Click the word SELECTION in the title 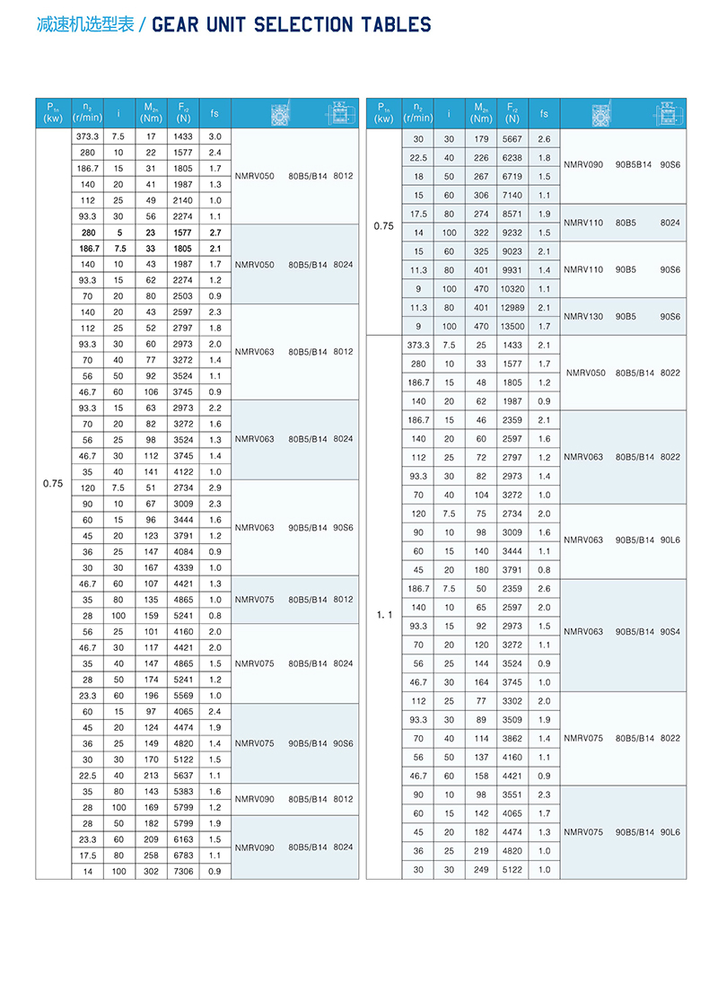click(x=304, y=25)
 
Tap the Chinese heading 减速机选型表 click(x=85, y=25)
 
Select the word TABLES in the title click(x=395, y=25)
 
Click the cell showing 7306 click(x=183, y=871)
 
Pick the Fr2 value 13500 click(x=512, y=326)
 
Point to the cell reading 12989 click(x=512, y=307)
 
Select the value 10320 click(x=512, y=288)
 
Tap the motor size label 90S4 click(x=670, y=630)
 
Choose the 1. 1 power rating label click(x=384, y=615)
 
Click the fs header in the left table click(x=215, y=113)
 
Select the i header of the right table click(x=449, y=113)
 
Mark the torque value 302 click(x=151, y=871)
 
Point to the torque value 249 click(x=481, y=869)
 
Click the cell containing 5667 click(x=512, y=139)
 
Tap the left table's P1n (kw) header click(x=53, y=113)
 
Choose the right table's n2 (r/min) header click(x=417, y=113)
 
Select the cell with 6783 click(x=183, y=855)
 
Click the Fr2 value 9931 click(x=512, y=269)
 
